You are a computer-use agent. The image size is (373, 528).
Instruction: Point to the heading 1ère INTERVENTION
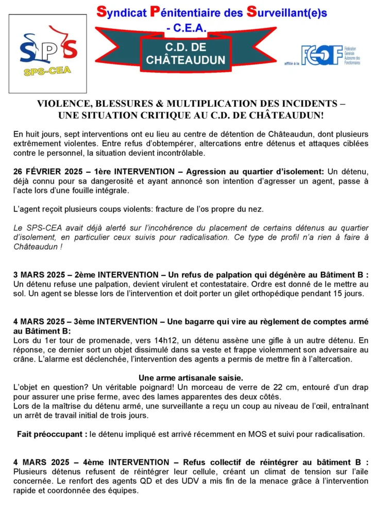point(131,171)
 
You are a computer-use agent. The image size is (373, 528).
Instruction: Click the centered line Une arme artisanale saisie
point(186,378)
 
